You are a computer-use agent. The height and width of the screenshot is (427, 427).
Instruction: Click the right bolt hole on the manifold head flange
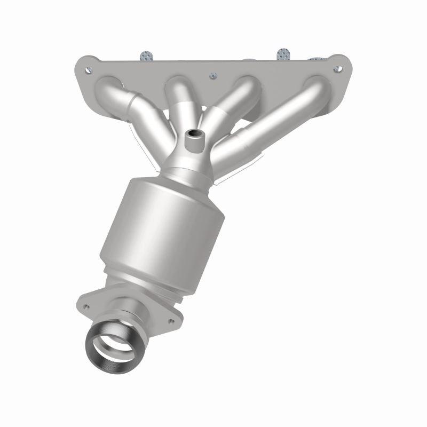coord(337,68)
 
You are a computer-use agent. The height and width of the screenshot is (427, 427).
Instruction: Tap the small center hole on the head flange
coord(212,75)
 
